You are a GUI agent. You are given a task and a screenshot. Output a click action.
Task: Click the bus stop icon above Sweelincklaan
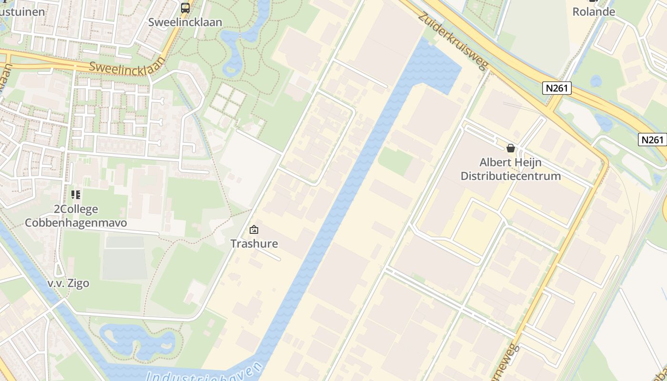tap(185, 8)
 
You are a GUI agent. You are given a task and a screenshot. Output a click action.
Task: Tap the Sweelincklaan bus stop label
tap(185, 22)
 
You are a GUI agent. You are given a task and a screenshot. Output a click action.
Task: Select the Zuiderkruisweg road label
tap(453, 41)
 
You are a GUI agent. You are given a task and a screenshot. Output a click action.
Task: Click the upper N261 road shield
tap(556, 88)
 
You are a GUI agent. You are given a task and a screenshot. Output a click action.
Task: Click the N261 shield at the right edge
tap(652, 140)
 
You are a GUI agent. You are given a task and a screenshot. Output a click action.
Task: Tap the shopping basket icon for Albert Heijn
tap(511, 148)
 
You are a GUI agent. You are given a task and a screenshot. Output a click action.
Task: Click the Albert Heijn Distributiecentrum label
tap(510, 169)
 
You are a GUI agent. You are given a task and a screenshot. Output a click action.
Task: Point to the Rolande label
tap(593, 11)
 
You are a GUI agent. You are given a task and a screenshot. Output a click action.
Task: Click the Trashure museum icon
tap(254, 230)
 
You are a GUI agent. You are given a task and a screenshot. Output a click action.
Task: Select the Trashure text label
tap(254, 244)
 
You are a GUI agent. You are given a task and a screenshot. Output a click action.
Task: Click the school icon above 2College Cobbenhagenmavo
tap(76, 195)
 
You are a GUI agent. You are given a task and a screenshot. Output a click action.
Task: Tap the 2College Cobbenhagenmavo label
tap(76, 216)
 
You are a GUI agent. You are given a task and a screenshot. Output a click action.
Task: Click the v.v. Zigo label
tap(68, 283)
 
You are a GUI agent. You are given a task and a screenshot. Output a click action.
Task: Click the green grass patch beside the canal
tap(395, 160)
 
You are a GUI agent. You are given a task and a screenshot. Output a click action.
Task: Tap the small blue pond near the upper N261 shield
tap(596, 81)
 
